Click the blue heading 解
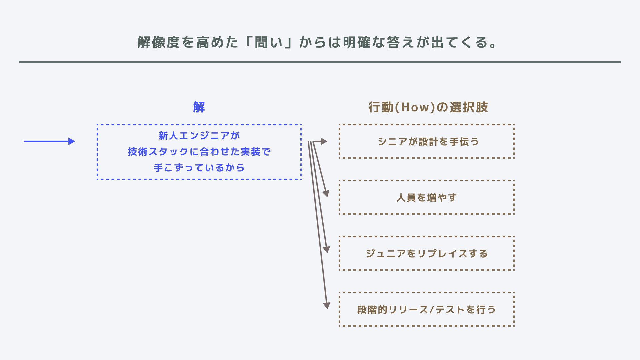(199, 107)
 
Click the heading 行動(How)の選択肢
(428, 107)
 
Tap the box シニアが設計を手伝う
(427, 141)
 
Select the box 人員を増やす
(427, 197)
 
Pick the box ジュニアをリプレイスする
(427, 253)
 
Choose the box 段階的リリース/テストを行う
(427, 309)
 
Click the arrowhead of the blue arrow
(71, 141)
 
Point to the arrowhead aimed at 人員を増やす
(326, 194)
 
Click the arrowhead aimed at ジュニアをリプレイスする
(327, 249)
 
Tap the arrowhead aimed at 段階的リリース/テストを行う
(327, 305)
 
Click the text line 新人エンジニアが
(199, 136)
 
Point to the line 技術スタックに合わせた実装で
(199, 152)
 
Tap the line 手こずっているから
(199, 168)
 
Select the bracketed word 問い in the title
(269, 42)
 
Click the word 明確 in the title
(357, 42)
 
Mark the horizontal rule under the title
(320, 62)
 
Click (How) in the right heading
(415, 107)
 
